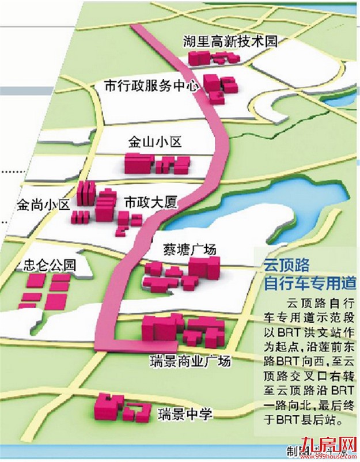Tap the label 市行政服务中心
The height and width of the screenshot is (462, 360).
coord(151,85)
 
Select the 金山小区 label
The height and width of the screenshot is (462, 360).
coord(155,142)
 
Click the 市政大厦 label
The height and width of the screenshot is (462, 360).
coord(151,202)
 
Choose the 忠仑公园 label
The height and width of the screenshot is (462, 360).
coord(50,266)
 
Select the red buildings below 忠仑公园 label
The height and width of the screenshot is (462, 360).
coord(46,291)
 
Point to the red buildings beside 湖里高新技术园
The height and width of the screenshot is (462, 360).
coord(213,57)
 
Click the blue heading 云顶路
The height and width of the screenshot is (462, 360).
coord(286,265)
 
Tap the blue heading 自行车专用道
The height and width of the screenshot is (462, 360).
coord(308,284)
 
